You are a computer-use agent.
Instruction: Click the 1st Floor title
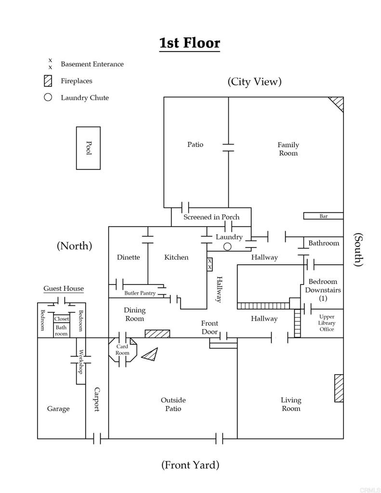pyautogui.click(x=189, y=43)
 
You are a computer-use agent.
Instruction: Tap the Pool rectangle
pyautogui.click(x=89, y=148)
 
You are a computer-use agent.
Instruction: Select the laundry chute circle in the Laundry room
pyautogui.click(x=227, y=247)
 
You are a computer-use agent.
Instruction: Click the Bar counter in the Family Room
pyautogui.click(x=323, y=216)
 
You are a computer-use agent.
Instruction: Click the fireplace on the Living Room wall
pyautogui.click(x=339, y=388)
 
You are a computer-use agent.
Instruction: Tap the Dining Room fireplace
pyautogui.click(x=158, y=334)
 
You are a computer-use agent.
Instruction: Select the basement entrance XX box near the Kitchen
pyautogui.click(x=210, y=264)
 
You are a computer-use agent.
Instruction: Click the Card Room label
pyautogui.click(x=122, y=350)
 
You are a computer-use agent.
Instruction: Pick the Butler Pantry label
pyautogui.click(x=140, y=293)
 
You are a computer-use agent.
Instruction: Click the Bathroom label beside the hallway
pyautogui.click(x=324, y=243)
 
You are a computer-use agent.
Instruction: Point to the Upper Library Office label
pyautogui.click(x=327, y=323)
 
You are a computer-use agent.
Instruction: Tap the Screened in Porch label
pyautogui.click(x=211, y=217)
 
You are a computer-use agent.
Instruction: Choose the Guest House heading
pyautogui.click(x=64, y=288)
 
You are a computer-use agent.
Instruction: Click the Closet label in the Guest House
pyautogui.click(x=61, y=319)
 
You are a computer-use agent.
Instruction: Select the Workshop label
pyautogui.click(x=81, y=362)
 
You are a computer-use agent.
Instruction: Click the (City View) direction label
pyautogui.click(x=254, y=82)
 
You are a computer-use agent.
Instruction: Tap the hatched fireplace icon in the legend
pyautogui.click(x=48, y=81)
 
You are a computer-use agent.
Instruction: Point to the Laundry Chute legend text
pyautogui.click(x=85, y=98)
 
